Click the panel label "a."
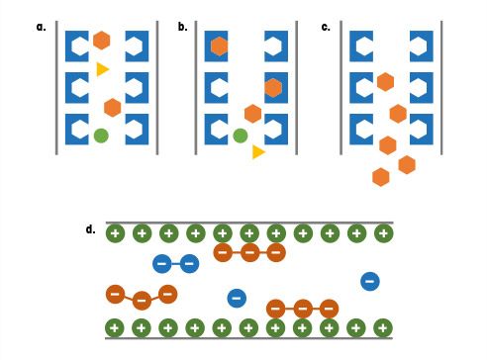tap(42, 27)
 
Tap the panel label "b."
tap(183, 27)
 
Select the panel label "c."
tap(326, 27)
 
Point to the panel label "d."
tap(90, 229)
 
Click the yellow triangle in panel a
tap(103, 69)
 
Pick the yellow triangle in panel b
tap(258, 151)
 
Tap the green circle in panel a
tap(100, 135)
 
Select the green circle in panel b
tap(240, 135)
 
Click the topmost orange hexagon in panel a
tap(101, 41)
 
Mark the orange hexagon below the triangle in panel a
tap(113, 107)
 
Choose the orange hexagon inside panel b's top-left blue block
tap(220, 45)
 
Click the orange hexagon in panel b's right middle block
tap(273, 87)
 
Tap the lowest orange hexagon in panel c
tap(380, 177)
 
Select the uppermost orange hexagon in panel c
tap(385, 82)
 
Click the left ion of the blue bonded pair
tap(162, 263)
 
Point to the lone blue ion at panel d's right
tap(369, 281)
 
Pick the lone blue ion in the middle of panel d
tap(236, 296)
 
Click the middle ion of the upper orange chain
tap(249, 253)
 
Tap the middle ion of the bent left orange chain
tap(142, 299)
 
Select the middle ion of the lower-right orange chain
tap(303, 308)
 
